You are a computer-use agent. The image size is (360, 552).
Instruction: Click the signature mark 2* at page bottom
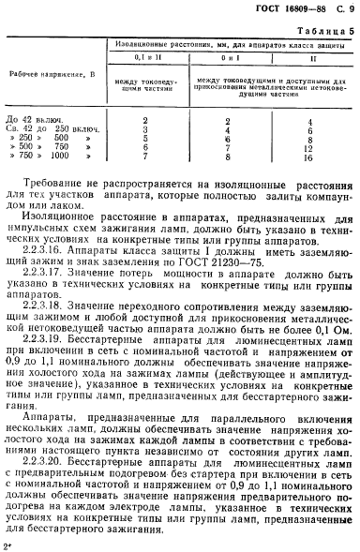[8, 543]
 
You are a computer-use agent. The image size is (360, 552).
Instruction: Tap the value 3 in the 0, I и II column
[145, 130]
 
